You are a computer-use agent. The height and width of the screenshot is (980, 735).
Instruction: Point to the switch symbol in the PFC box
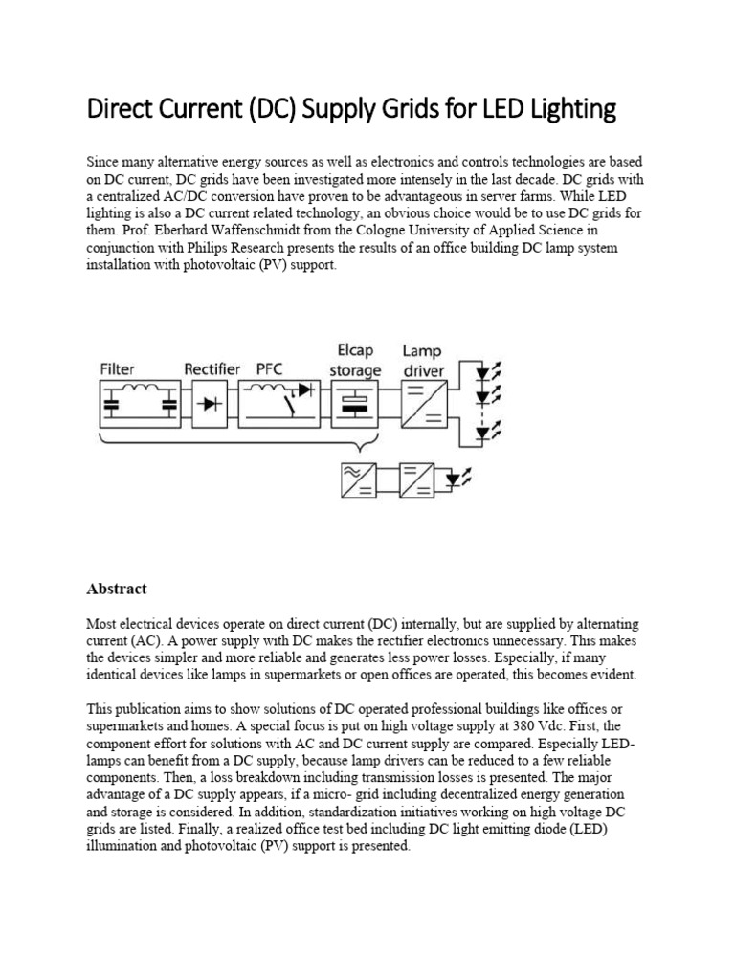tap(284, 406)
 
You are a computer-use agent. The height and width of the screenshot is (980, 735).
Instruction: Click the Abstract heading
tap(117, 589)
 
